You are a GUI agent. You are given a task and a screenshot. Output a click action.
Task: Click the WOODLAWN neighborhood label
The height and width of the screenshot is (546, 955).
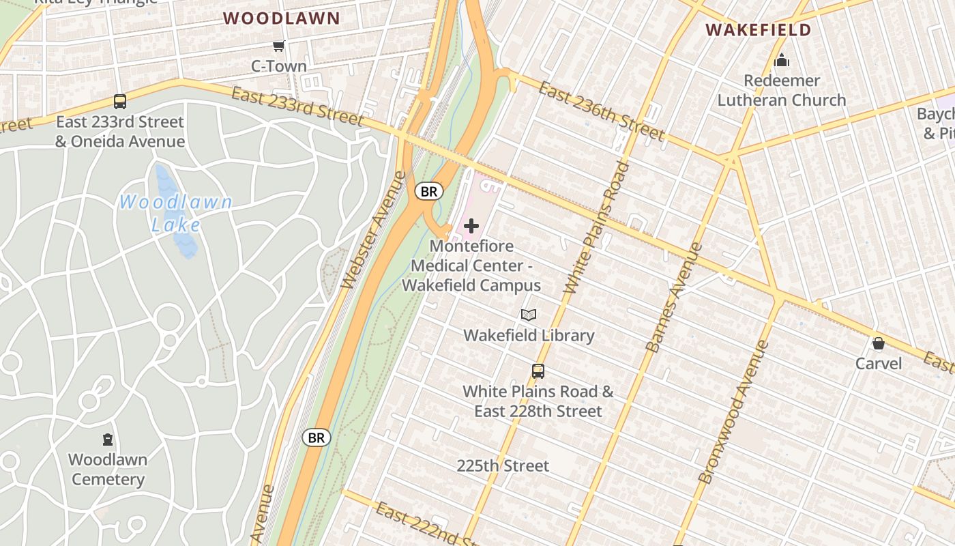[281, 18]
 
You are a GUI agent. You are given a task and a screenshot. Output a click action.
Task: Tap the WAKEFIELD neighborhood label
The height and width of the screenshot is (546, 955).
[758, 30]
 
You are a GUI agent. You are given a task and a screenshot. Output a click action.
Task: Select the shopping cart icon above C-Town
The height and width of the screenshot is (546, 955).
[278, 46]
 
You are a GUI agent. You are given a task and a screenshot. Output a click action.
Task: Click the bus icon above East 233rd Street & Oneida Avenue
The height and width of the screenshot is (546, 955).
[120, 102]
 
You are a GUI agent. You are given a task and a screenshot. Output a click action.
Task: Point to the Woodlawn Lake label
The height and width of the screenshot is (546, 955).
[175, 213]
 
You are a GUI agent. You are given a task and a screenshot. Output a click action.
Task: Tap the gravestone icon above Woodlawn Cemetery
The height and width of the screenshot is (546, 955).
[108, 439]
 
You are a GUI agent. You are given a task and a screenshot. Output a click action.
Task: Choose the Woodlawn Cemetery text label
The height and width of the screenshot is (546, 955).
[108, 470]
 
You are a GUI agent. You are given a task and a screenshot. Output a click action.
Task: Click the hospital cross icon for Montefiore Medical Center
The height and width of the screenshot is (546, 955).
[471, 226]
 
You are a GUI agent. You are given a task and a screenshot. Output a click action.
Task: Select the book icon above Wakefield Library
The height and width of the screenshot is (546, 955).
[529, 315]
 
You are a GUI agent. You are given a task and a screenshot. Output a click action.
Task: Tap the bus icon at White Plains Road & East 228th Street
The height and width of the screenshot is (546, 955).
[538, 371]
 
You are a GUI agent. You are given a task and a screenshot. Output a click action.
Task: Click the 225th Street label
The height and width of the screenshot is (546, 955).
[503, 465]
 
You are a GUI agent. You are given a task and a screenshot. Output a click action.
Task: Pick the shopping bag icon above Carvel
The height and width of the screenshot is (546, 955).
[879, 343]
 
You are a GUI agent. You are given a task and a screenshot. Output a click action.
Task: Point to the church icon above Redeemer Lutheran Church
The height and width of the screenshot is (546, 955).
[782, 61]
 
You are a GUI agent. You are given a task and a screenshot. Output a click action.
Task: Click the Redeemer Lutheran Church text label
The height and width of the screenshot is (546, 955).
[782, 90]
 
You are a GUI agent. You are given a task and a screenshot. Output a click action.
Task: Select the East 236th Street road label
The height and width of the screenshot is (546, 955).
[601, 111]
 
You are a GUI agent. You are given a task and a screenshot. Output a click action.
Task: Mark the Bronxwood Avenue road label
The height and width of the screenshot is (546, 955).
[734, 412]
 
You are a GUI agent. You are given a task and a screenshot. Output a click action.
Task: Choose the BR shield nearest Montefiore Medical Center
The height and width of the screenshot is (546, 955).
[429, 192]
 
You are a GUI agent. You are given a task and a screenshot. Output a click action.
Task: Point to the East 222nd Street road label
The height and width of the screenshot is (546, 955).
[426, 524]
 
